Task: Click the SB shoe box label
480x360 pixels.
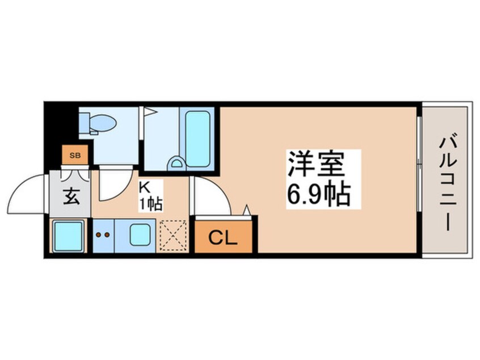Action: click(75, 156)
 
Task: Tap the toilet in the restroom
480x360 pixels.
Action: click(98, 124)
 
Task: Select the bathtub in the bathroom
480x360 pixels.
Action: click(198, 139)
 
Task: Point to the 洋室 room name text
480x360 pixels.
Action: click(316, 164)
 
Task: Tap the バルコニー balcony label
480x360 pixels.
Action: click(447, 183)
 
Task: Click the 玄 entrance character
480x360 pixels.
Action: click(71, 196)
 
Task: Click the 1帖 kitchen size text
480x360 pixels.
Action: click(151, 203)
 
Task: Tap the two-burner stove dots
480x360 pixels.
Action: click(103, 235)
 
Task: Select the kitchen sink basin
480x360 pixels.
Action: click(140, 235)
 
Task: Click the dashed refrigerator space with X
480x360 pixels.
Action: click(173, 236)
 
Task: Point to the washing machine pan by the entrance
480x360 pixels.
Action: click(68, 236)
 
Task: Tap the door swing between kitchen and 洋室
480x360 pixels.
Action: click(220, 189)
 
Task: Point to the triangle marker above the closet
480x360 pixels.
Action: click(247, 210)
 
